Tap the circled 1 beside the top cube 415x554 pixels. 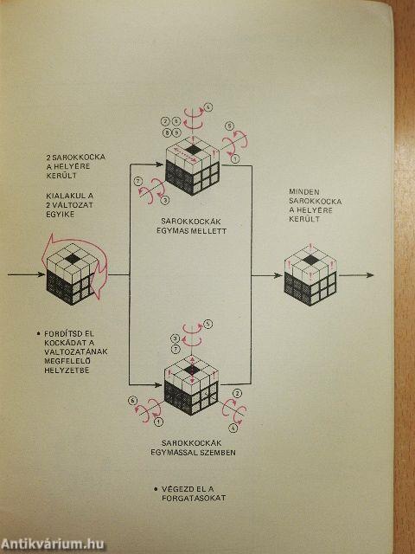pos(236,159)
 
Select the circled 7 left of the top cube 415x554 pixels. pos(138,181)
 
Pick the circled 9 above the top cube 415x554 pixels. pos(176,133)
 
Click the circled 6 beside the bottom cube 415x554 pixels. pos(132,400)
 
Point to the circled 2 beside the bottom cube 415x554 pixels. pos(239,393)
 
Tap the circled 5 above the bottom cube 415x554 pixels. pos(208,324)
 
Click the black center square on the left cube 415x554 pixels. pos(73,259)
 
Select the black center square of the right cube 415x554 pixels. pos(310,261)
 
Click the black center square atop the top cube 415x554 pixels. pos(193,150)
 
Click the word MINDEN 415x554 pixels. pos(304,192)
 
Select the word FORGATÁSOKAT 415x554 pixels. pos(194,498)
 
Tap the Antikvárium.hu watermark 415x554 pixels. pos(53,544)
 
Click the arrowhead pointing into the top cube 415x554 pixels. pos(159,164)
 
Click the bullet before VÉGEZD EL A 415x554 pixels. pos(156,490)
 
